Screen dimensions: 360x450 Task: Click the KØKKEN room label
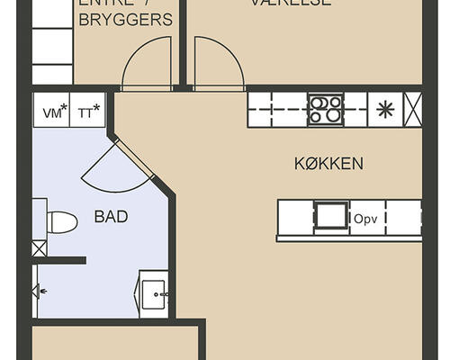[328, 164]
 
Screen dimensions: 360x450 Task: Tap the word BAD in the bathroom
[111, 217]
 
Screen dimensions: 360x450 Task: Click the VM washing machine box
[51, 112]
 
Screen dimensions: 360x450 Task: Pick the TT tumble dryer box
[88, 112]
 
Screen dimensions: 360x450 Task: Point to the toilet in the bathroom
[59, 222]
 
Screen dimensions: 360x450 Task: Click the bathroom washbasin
[154, 293]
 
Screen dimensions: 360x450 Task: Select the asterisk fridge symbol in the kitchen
[385, 110]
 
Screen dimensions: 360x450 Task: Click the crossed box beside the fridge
[413, 110]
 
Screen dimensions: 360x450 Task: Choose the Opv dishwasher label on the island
[364, 219]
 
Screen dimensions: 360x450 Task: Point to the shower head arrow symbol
[40, 291]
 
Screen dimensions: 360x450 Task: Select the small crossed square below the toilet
[39, 248]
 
